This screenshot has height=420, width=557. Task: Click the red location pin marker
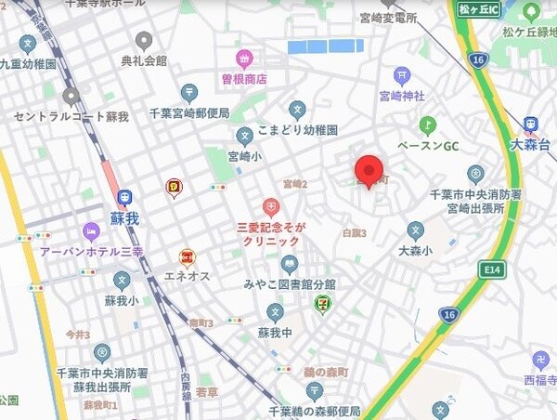(x=369, y=170)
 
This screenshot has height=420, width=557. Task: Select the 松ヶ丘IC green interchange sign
(x=479, y=9)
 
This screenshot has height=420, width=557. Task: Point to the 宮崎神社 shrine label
(x=401, y=96)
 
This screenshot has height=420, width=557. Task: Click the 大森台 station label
(x=530, y=145)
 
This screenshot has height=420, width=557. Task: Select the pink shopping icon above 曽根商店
(x=243, y=59)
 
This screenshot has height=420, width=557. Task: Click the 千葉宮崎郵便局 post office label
(x=189, y=113)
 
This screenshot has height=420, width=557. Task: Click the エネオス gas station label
(x=188, y=276)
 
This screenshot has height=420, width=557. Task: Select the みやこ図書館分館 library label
(x=290, y=283)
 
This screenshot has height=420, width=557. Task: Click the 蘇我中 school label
(x=274, y=333)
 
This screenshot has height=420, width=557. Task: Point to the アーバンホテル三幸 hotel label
(x=91, y=251)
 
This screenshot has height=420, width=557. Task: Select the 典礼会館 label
(x=144, y=60)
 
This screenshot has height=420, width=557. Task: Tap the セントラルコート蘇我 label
(x=71, y=116)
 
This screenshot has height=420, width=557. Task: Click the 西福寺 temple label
(x=538, y=379)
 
